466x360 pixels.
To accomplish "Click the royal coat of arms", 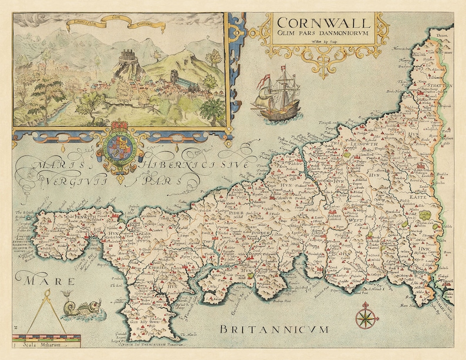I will pyautogui.click(x=119, y=146).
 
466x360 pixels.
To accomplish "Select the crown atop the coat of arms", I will pyautogui.click(x=119, y=127).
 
